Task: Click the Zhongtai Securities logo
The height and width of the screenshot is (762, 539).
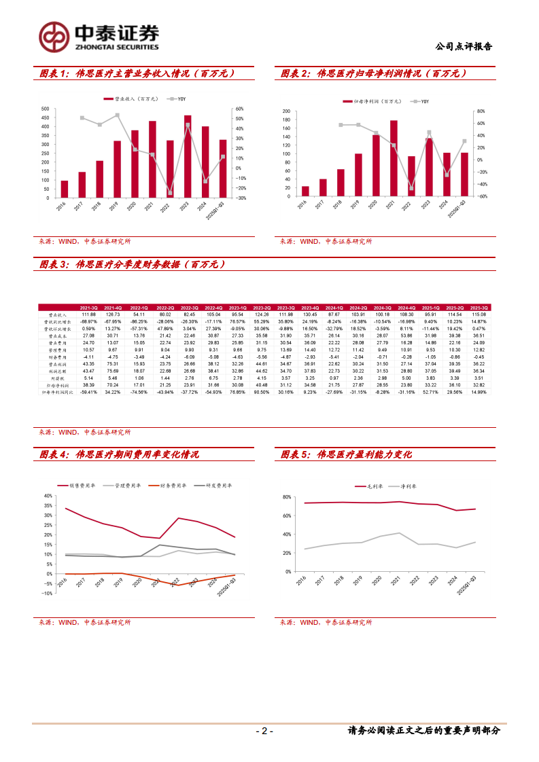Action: (x=98, y=37)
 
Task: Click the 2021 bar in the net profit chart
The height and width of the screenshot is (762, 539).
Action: (x=394, y=158)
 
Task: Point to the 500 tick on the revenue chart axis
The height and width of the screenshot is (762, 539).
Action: (x=44, y=109)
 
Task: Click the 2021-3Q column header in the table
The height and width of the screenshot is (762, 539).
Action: (x=89, y=308)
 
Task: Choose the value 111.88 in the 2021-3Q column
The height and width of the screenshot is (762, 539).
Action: (x=89, y=314)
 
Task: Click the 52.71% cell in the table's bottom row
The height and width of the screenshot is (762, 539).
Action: (x=428, y=392)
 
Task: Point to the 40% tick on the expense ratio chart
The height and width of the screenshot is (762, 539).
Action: (x=48, y=496)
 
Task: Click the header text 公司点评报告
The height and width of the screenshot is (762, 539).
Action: (x=464, y=47)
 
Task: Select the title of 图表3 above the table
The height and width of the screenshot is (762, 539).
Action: (x=132, y=265)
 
